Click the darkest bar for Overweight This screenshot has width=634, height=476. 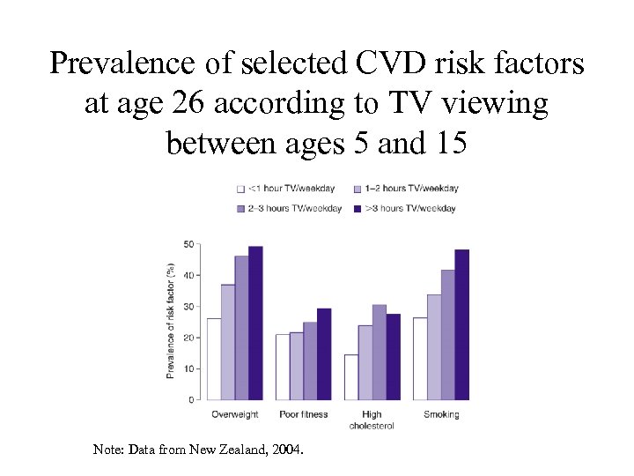pyautogui.click(x=255, y=323)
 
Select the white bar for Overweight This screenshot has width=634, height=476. pyautogui.click(x=214, y=359)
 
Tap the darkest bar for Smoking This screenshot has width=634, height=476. pyautogui.click(x=461, y=324)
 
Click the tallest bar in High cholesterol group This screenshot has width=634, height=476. pyautogui.click(x=379, y=352)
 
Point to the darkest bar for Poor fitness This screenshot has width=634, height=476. pyautogui.click(x=324, y=353)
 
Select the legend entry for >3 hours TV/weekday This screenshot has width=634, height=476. pyautogui.click(x=406, y=208)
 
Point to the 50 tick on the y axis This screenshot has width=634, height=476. pyautogui.click(x=188, y=244)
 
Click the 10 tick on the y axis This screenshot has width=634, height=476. pyautogui.click(x=188, y=368)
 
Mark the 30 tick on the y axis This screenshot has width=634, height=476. pyautogui.click(x=188, y=307)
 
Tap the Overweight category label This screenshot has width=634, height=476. pyautogui.click(x=235, y=414)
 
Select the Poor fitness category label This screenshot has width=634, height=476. pyautogui.click(x=303, y=414)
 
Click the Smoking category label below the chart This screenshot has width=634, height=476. pyautogui.click(x=441, y=414)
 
